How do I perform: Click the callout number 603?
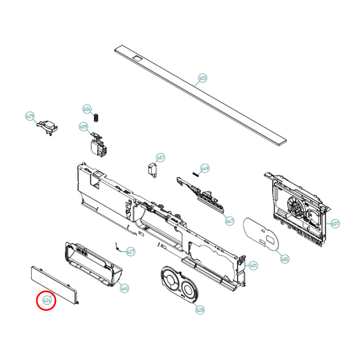pyautogui.click(x=202, y=78)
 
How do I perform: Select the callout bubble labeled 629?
pyautogui.click(x=30, y=116)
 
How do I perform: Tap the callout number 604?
pyautogui.click(x=87, y=109)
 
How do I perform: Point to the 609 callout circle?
pyautogui.click(x=84, y=127)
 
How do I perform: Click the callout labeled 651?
pyautogui.click(x=161, y=157)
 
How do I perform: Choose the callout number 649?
pyautogui.click(x=205, y=169)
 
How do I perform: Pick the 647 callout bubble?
pyautogui.click(x=230, y=221)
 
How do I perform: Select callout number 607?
pyautogui.click(x=336, y=223)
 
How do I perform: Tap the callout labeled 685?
pyautogui.click(x=284, y=258)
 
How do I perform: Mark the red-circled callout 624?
pyautogui.click(x=47, y=300)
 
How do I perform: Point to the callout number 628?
pyautogui.click(x=200, y=310)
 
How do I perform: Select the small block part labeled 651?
pyautogui.click(x=153, y=169)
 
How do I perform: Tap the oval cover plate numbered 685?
pyautogui.click(x=260, y=233)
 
